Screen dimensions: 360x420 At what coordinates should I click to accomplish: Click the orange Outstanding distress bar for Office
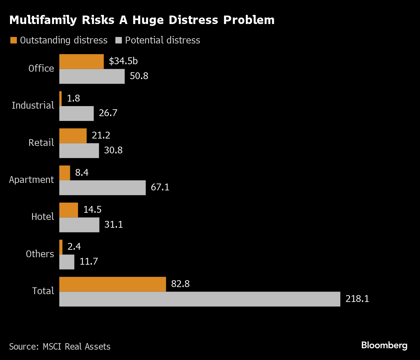[x=81, y=62]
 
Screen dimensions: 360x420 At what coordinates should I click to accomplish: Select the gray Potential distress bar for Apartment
[x=102, y=188]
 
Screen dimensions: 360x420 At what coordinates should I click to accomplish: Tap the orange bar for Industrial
[x=61, y=99]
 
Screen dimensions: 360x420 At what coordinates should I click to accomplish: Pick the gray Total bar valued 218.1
[x=200, y=299]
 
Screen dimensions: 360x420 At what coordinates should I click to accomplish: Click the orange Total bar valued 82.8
[x=112, y=284]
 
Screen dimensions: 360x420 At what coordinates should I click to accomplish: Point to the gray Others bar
[x=67, y=262]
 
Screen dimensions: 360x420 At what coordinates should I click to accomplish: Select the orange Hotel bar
[x=69, y=210]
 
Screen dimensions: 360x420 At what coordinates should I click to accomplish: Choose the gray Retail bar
[x=79, y=151]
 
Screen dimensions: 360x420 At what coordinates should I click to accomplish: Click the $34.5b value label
[x=123, y=61]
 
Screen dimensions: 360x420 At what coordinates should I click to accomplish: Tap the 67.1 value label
[x=160, y=187]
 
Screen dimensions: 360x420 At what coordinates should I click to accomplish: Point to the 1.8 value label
[x=73, y=98]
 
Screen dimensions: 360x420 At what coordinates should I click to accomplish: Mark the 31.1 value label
[x=113, y=224]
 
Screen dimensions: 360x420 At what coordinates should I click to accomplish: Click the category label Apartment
[x=31, y=180]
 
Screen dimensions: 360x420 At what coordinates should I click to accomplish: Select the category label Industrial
[x=33, y=105]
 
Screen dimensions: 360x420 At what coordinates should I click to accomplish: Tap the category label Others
[x=40, y=254]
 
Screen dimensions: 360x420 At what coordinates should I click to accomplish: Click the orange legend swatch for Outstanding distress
[x=14, y=40]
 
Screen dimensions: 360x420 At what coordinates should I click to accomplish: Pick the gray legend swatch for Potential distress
[x=119, y=40]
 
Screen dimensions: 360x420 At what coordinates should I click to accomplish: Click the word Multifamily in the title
[x=43, y=20]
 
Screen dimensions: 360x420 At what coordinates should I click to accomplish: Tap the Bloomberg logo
[x=384, y=345]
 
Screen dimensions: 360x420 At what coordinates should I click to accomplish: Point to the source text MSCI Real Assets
[x=77, y=347]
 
